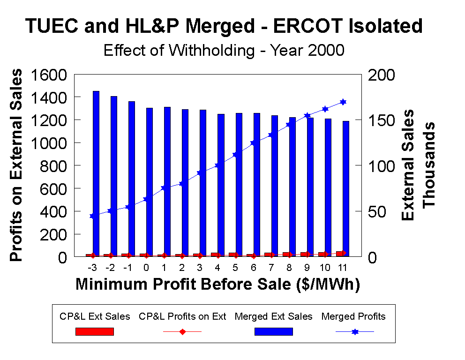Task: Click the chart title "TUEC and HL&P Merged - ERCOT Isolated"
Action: [224, 26]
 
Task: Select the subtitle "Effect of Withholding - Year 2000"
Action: [224, 50]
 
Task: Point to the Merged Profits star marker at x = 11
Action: [343, 102]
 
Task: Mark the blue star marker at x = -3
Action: [92, 216]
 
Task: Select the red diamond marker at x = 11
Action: [343, 253]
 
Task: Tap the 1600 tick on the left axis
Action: [50, 75]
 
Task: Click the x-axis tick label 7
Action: [271, 269]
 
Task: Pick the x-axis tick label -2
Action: [110, 269]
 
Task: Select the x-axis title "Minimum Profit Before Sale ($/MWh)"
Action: [217, 285]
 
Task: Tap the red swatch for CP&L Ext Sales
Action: [95, 332]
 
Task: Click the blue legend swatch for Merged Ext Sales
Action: [273, 332]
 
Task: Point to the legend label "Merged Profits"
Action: [353, 317]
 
